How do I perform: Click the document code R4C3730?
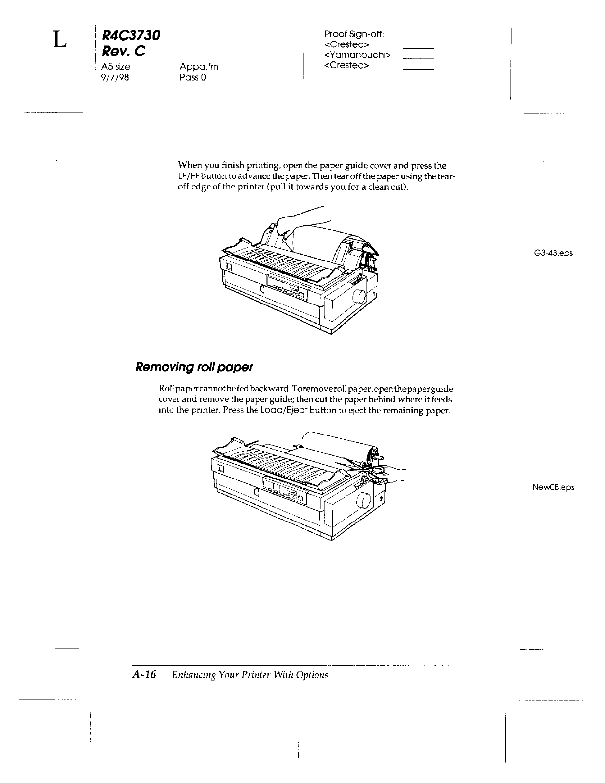pos(131,35)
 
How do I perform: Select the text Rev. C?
pos(123,51)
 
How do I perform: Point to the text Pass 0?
pos(193,78)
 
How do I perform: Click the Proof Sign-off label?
pos(354,34)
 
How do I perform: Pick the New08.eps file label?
pos(553,487)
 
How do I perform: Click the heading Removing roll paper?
pos(194,367)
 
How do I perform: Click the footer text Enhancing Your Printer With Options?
pos(250,675)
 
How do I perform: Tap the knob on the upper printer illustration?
pos(358,298)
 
